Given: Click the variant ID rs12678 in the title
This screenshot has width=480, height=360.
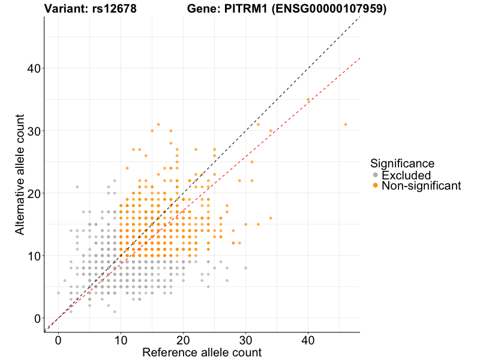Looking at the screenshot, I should pos(112,9).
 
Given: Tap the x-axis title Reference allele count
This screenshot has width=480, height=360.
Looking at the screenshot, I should pos(202,352).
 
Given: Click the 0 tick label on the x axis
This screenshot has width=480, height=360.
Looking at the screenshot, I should pos(58,340).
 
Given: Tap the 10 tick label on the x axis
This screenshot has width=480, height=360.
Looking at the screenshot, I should pos(121,340).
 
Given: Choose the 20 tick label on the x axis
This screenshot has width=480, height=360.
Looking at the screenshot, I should pos(183,340).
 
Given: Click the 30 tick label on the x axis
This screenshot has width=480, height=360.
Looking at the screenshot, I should pos(245,340).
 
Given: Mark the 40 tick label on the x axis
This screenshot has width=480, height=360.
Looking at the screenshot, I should pos(308,340).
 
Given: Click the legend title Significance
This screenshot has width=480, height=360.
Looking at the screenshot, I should pos(402,163).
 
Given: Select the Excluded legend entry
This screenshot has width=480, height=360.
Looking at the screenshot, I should pos(406,175).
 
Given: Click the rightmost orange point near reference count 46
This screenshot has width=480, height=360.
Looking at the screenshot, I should pos(346,124).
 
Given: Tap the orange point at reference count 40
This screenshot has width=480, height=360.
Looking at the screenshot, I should pos(308,100).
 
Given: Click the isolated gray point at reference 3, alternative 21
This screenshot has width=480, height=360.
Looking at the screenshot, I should pos(77,187).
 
